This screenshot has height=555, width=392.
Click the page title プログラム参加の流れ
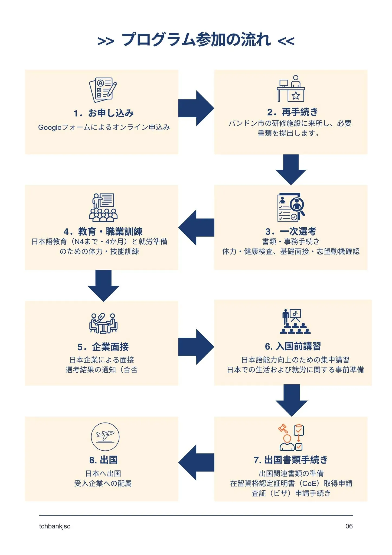click(x=196, y=40)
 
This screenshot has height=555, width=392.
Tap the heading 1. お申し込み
click(x=103, y=113)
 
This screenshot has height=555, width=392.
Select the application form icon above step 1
click(x=103, y=90)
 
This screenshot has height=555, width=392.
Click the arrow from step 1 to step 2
click(x=196, y=108)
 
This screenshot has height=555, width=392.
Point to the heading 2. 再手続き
click(x=292, y=112)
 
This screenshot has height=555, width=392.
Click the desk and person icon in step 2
click(x=291, y=88)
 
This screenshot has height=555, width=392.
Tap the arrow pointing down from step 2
click(x=291, y=170)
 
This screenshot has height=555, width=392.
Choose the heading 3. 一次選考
click(x=291, y=231)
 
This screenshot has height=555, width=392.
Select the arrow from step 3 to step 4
click(x=196, y=227)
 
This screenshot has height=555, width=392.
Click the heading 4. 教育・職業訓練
click(x=103, y=231)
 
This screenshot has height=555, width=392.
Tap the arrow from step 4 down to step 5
click(x=103, y=286)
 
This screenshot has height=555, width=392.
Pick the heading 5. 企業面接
click(x=103, y=347)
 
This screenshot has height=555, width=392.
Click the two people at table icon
click(x=103, y=323)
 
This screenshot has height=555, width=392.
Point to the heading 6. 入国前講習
click(x=293, y=346)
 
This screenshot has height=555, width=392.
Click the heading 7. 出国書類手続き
click(x=291, y=460)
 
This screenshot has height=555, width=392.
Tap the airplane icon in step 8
click(x=105, y=437)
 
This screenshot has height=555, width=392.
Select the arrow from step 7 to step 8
click(x=196, y=462)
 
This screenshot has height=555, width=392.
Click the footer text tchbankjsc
click(x=55, y=526)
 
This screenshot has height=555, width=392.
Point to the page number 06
click(x=349, y=526)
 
